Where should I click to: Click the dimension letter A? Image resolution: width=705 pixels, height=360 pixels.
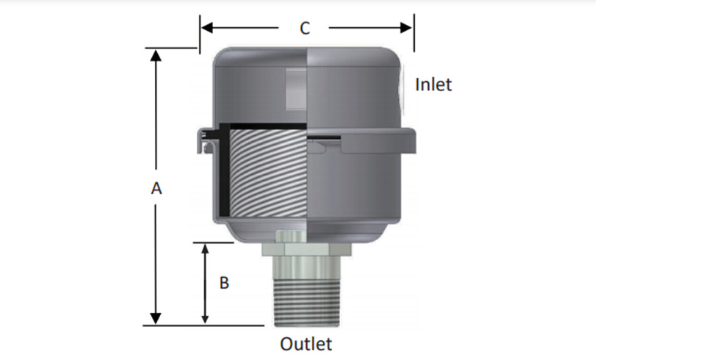tap(156, 188)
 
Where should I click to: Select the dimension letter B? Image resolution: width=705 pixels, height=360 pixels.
tap(224, 283)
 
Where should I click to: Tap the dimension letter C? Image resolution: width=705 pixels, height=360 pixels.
tap(304, 29)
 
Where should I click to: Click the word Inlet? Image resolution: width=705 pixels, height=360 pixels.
tap(433, 84)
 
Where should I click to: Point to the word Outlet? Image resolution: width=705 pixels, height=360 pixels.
tap(305, 344)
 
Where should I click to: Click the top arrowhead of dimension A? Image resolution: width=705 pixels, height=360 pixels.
tap(156, 55)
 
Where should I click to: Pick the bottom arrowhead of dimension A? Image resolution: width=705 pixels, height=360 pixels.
tap(156, 318)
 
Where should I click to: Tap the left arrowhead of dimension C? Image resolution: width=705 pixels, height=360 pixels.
tap(207, 28)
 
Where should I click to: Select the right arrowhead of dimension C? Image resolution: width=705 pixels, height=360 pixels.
tap(406, 28)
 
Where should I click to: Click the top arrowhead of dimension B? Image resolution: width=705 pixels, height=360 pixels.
tap(205, 248)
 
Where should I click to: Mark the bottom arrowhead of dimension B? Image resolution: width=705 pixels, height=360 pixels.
tap(205, 319)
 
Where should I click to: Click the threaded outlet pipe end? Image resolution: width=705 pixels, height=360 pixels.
tap(307, 303)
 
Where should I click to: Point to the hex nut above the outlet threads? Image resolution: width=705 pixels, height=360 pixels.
tap(307, 249)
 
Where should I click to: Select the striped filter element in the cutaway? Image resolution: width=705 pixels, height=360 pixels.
tap(269, 173)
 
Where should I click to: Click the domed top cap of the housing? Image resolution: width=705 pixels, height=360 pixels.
tap(307, 57)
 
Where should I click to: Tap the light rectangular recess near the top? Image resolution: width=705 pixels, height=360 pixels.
tap(296, 89)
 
